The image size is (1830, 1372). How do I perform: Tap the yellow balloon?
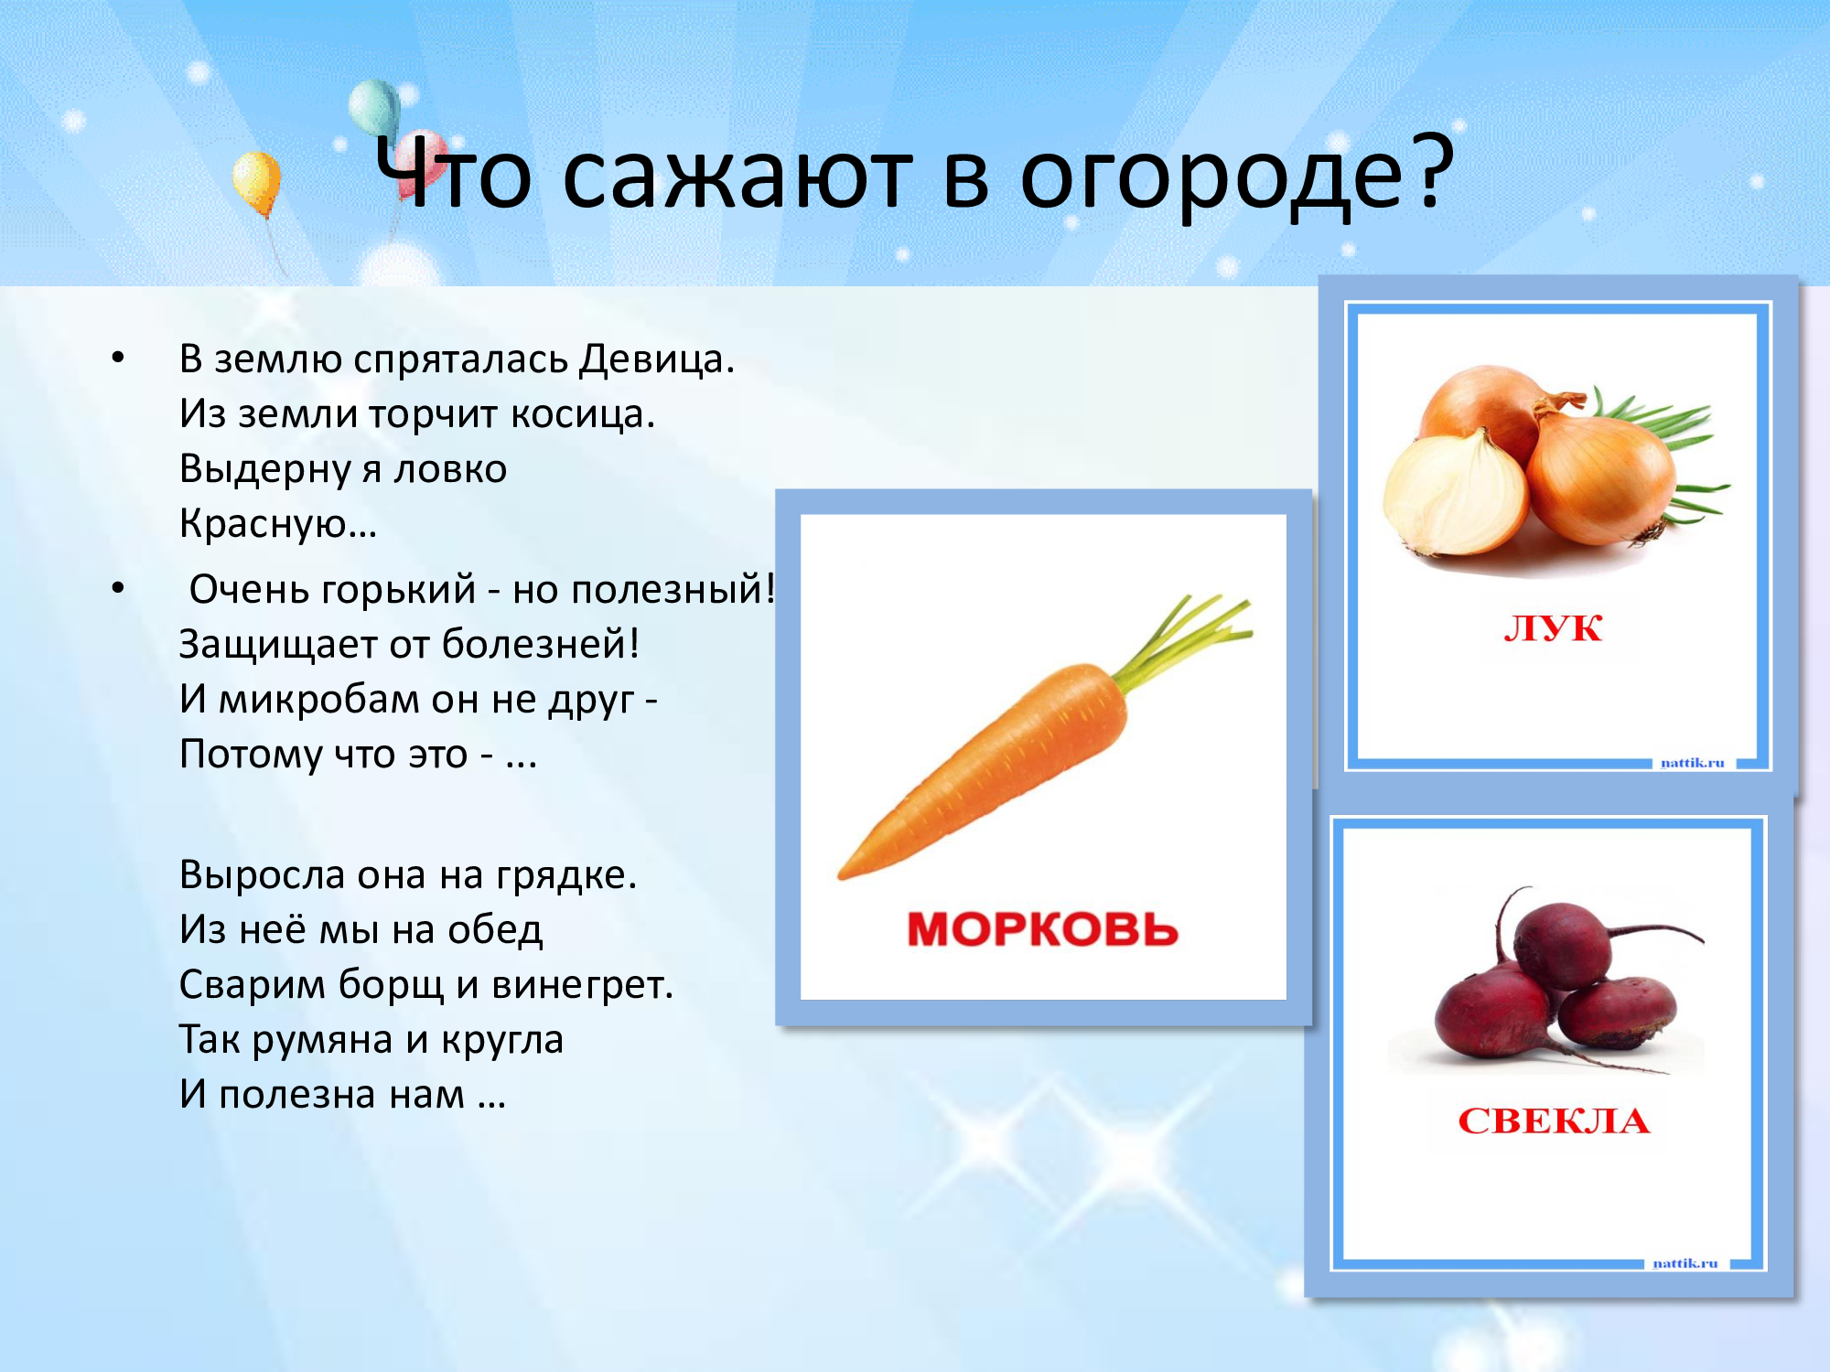pos(256,184)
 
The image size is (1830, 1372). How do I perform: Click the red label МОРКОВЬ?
pos(1042,929)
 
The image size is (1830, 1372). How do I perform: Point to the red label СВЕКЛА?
pos(1554,1121)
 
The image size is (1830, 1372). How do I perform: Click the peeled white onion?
pos(1455,494)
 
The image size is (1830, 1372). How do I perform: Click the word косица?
pos(583,414)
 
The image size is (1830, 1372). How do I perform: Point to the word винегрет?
pos(583,986)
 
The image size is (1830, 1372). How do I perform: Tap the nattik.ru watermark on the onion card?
pos(1692,763)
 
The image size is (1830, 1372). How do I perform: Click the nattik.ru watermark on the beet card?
pos(1685,1263)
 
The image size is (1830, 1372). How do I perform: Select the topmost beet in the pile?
pos(1560,942)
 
